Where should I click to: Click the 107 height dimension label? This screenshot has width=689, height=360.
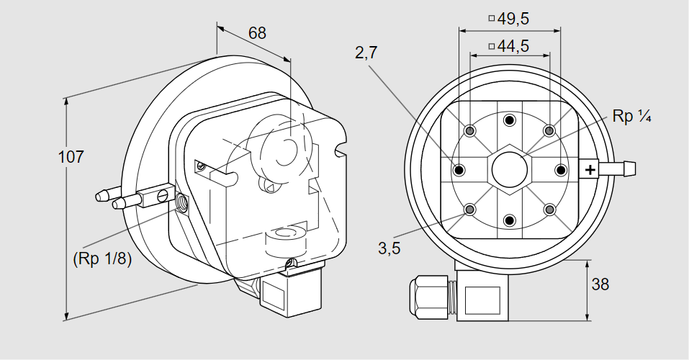(71, 157)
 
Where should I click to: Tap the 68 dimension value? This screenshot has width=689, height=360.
(257, 33)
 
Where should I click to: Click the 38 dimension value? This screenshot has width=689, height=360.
(600, 284)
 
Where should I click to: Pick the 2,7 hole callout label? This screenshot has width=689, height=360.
(366, 53)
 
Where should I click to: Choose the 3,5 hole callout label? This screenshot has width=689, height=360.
(389, 248)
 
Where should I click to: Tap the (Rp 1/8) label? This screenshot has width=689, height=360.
(102, 258)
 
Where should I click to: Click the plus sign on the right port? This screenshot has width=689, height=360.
(590, 170)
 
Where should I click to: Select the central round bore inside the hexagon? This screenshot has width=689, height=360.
(509, 170)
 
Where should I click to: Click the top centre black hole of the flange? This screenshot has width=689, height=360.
(509, 120)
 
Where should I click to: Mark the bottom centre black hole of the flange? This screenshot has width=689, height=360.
(509, 220)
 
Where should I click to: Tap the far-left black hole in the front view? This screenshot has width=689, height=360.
(459, 170)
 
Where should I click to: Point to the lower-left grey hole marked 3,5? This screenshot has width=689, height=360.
(470, 210)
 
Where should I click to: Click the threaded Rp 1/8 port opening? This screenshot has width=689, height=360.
(181, 202)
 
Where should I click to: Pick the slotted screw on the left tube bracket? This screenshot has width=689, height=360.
(162, 195)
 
